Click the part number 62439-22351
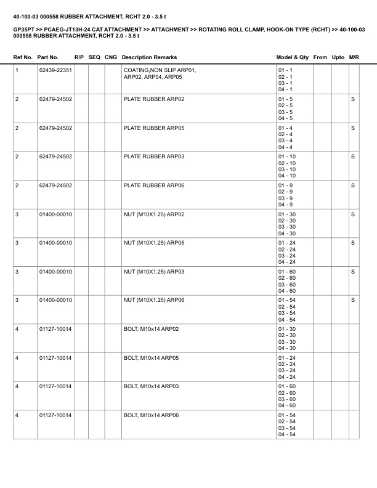[55, 71]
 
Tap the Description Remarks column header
[150, 57]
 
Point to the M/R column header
[354, 57]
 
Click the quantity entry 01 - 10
[287, 157]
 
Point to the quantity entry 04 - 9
[285, 205]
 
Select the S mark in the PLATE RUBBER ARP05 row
[353, 128]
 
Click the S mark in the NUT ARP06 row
[353, 301]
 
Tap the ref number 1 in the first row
[17, 71]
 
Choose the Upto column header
[338, 57]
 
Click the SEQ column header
[94, 57]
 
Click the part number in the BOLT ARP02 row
[55, 330]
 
